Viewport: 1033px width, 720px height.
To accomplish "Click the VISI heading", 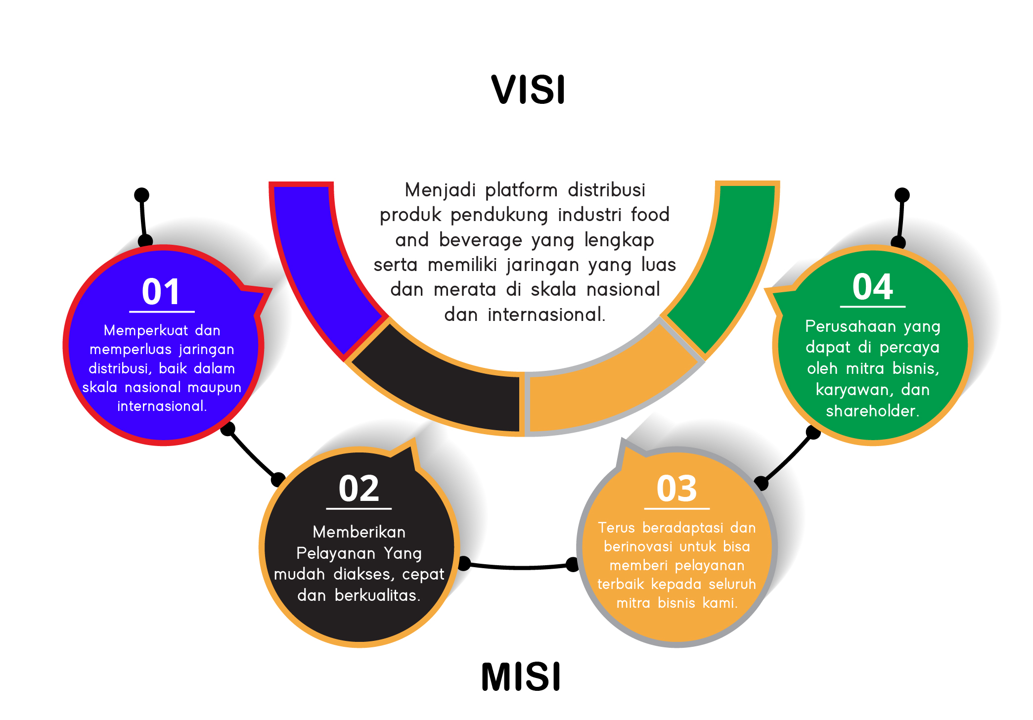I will coord(528,90).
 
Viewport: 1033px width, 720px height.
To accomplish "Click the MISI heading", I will coord(521,677).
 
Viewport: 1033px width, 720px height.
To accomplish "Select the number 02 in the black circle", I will coord(359,489).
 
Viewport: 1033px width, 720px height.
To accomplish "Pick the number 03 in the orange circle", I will coord(676,489).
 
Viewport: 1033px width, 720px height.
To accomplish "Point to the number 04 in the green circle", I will coord(872,287).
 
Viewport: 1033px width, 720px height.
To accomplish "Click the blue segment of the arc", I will coord(321,267).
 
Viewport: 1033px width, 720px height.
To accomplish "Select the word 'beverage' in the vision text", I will coord(480,240).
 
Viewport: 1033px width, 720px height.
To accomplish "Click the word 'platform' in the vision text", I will coord(521,190).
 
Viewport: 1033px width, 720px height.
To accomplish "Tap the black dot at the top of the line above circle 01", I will coord(142,195).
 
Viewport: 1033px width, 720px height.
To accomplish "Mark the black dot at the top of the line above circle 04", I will coord(902,195).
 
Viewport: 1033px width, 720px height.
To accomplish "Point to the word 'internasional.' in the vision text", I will coord(546,315).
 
